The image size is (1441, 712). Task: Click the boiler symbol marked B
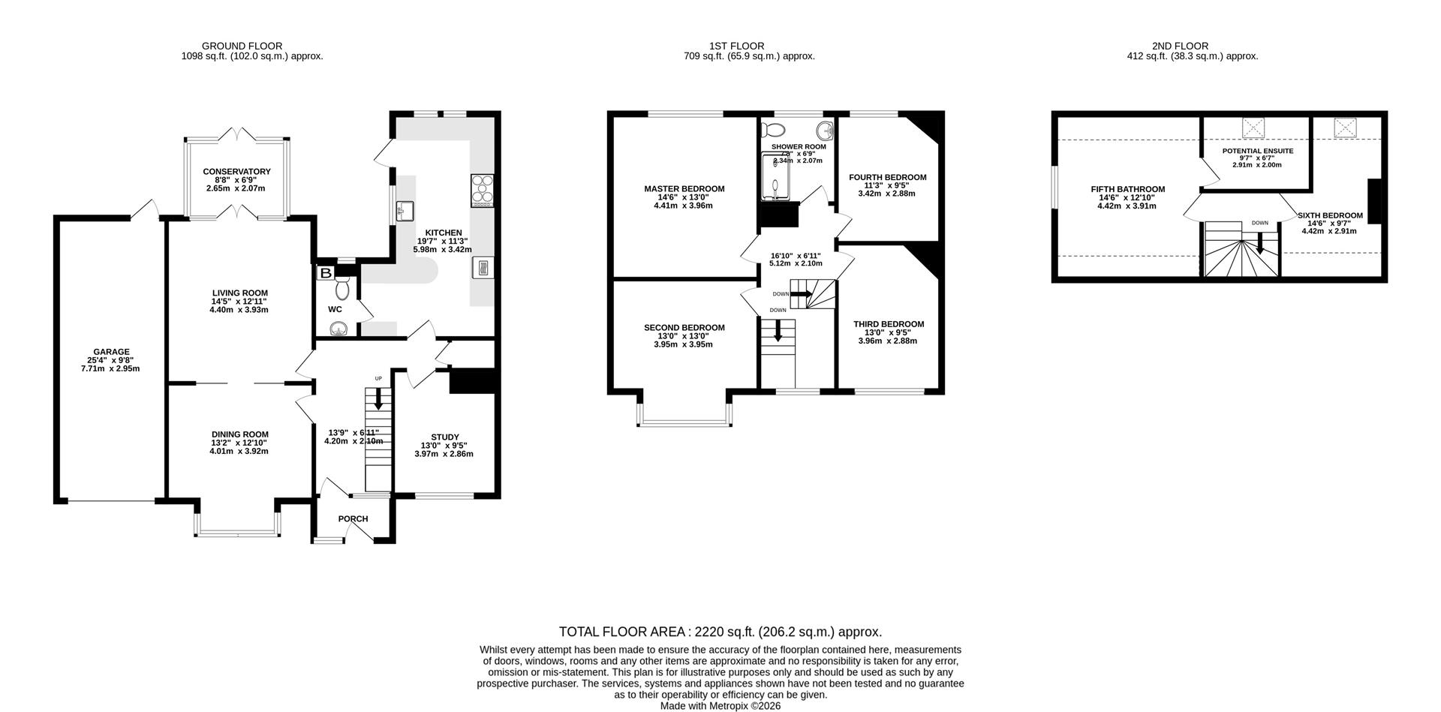click(326, 273)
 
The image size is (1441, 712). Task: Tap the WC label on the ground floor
click(335, 309)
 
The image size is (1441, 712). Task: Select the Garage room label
click(111, 352)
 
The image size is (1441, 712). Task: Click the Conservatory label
click(236, 172)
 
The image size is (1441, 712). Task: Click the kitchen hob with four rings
click(480, 191)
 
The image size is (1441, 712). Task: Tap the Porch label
click(353, 518)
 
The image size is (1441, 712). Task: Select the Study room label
click(444, 437)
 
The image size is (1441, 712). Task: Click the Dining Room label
click(239, 434)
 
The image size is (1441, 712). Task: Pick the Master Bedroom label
click(684, 189)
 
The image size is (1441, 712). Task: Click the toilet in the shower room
click(772, 128)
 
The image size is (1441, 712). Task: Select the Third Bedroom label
click(888, 324)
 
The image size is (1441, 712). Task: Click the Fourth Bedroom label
click(887, 178)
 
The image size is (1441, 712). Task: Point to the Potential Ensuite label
click(1257, 151)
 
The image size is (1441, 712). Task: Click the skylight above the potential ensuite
click(1253, 128)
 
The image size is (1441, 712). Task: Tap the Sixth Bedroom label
click(1330, 215)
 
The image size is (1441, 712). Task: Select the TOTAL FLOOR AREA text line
click(720, 632)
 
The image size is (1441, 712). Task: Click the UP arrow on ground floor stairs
click(378, 398)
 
